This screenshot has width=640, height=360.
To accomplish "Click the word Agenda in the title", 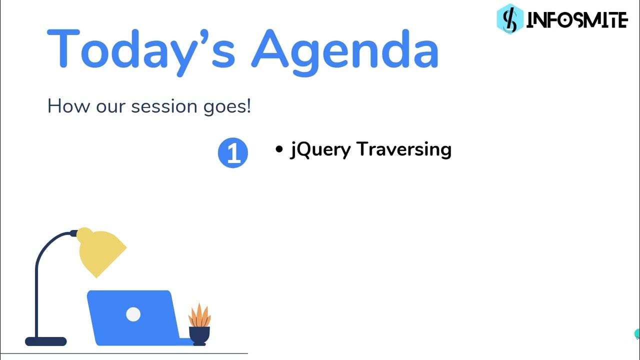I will (344, 49).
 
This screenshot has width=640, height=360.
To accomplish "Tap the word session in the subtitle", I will (161, 106).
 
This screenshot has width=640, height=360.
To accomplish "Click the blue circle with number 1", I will (233, 153).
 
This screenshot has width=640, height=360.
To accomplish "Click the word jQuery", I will (320, 149).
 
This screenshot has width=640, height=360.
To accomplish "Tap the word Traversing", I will (404, 149).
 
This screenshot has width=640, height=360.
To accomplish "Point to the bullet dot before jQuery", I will (279, 149).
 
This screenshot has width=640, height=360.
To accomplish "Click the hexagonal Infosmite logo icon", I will (509, 19).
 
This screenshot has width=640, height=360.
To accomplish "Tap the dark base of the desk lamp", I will (46, 342).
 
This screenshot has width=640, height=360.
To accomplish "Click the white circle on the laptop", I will (133, 314).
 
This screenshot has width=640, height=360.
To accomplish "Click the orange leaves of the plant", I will (199, 315).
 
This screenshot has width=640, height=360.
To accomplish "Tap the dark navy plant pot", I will (199, 335).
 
